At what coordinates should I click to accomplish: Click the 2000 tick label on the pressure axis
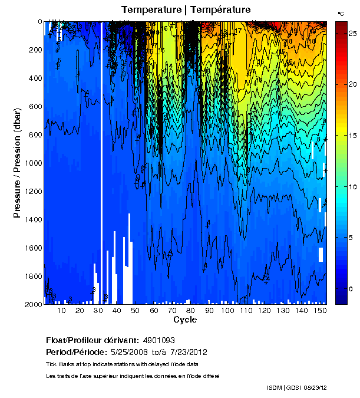point(33,304)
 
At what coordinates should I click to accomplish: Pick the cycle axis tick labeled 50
point(135,310)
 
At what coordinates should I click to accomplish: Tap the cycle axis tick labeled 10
point(61,310)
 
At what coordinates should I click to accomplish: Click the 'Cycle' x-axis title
point(185,320)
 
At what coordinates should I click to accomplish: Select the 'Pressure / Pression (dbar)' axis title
point(17,163)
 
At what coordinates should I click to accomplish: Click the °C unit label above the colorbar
point(341,12)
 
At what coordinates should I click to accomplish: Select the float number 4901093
point(158,340)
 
